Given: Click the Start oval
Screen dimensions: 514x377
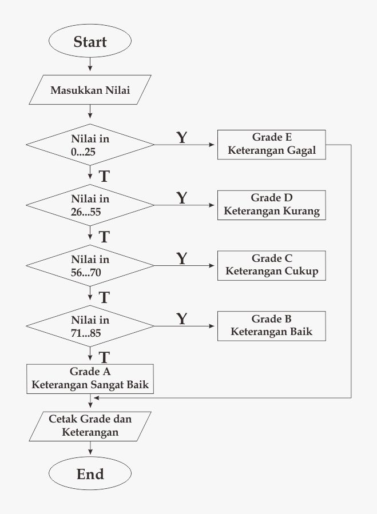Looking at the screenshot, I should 90,42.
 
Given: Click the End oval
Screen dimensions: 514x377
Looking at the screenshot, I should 90,474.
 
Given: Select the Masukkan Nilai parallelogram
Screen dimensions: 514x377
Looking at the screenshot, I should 90,90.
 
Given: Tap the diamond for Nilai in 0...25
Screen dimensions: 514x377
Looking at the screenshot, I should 90,145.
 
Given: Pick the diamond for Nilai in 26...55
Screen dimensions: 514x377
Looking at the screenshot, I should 90,205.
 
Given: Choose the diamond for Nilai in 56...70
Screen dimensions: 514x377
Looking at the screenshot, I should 90,265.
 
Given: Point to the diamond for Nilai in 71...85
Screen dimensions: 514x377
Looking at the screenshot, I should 90,325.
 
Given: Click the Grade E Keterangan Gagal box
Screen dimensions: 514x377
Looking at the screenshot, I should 271,145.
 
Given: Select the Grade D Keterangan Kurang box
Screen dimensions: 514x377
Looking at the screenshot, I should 271,205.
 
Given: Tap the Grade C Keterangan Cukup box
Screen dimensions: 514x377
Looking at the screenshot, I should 271,265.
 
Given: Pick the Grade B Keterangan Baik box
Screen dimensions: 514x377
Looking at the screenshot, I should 271,325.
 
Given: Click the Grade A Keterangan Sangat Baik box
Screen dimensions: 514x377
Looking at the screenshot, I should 90,378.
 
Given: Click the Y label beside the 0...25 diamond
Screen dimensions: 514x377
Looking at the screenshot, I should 181,138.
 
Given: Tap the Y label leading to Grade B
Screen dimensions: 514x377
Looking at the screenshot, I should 181,318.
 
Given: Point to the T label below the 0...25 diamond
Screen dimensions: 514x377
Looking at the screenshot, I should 104,176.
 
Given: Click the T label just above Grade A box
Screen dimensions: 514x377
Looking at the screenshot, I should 104,358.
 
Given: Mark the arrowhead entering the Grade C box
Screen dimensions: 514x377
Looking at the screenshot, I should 214,265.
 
